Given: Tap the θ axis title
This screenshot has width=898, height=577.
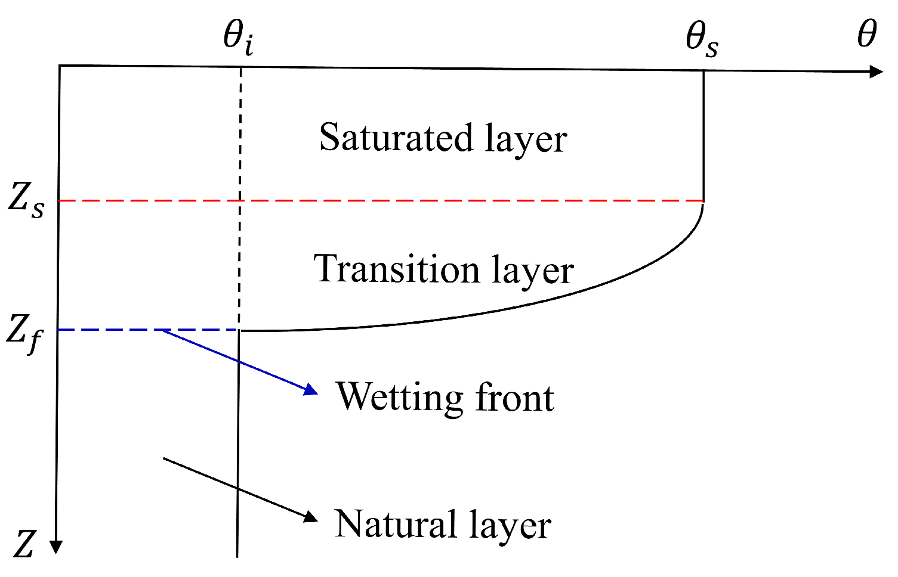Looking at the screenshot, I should pyautogui.click(x=866, y=34).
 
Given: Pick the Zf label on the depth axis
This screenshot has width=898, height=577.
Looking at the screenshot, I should pyautogui.click(x=24, y=333).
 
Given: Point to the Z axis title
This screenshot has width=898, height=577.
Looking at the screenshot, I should pyautogui.click(x=24, y=544).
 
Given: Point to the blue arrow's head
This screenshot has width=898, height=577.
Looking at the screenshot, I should pyautogui.click(x=311, y=390).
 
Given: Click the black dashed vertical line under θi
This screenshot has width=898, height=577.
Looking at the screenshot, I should pyautogui.click(x=240, y=149).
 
